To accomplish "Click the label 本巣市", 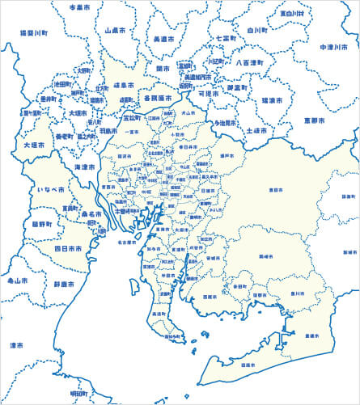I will point(78,6).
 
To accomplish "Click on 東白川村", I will point(291,14).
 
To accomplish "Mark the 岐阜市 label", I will point(122,84).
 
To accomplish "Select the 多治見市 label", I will point(225,123).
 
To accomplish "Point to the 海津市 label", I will point(84,166).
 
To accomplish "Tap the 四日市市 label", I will point(68,248).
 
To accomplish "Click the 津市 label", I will point(16,345).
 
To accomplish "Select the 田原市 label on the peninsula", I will point(248,365).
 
